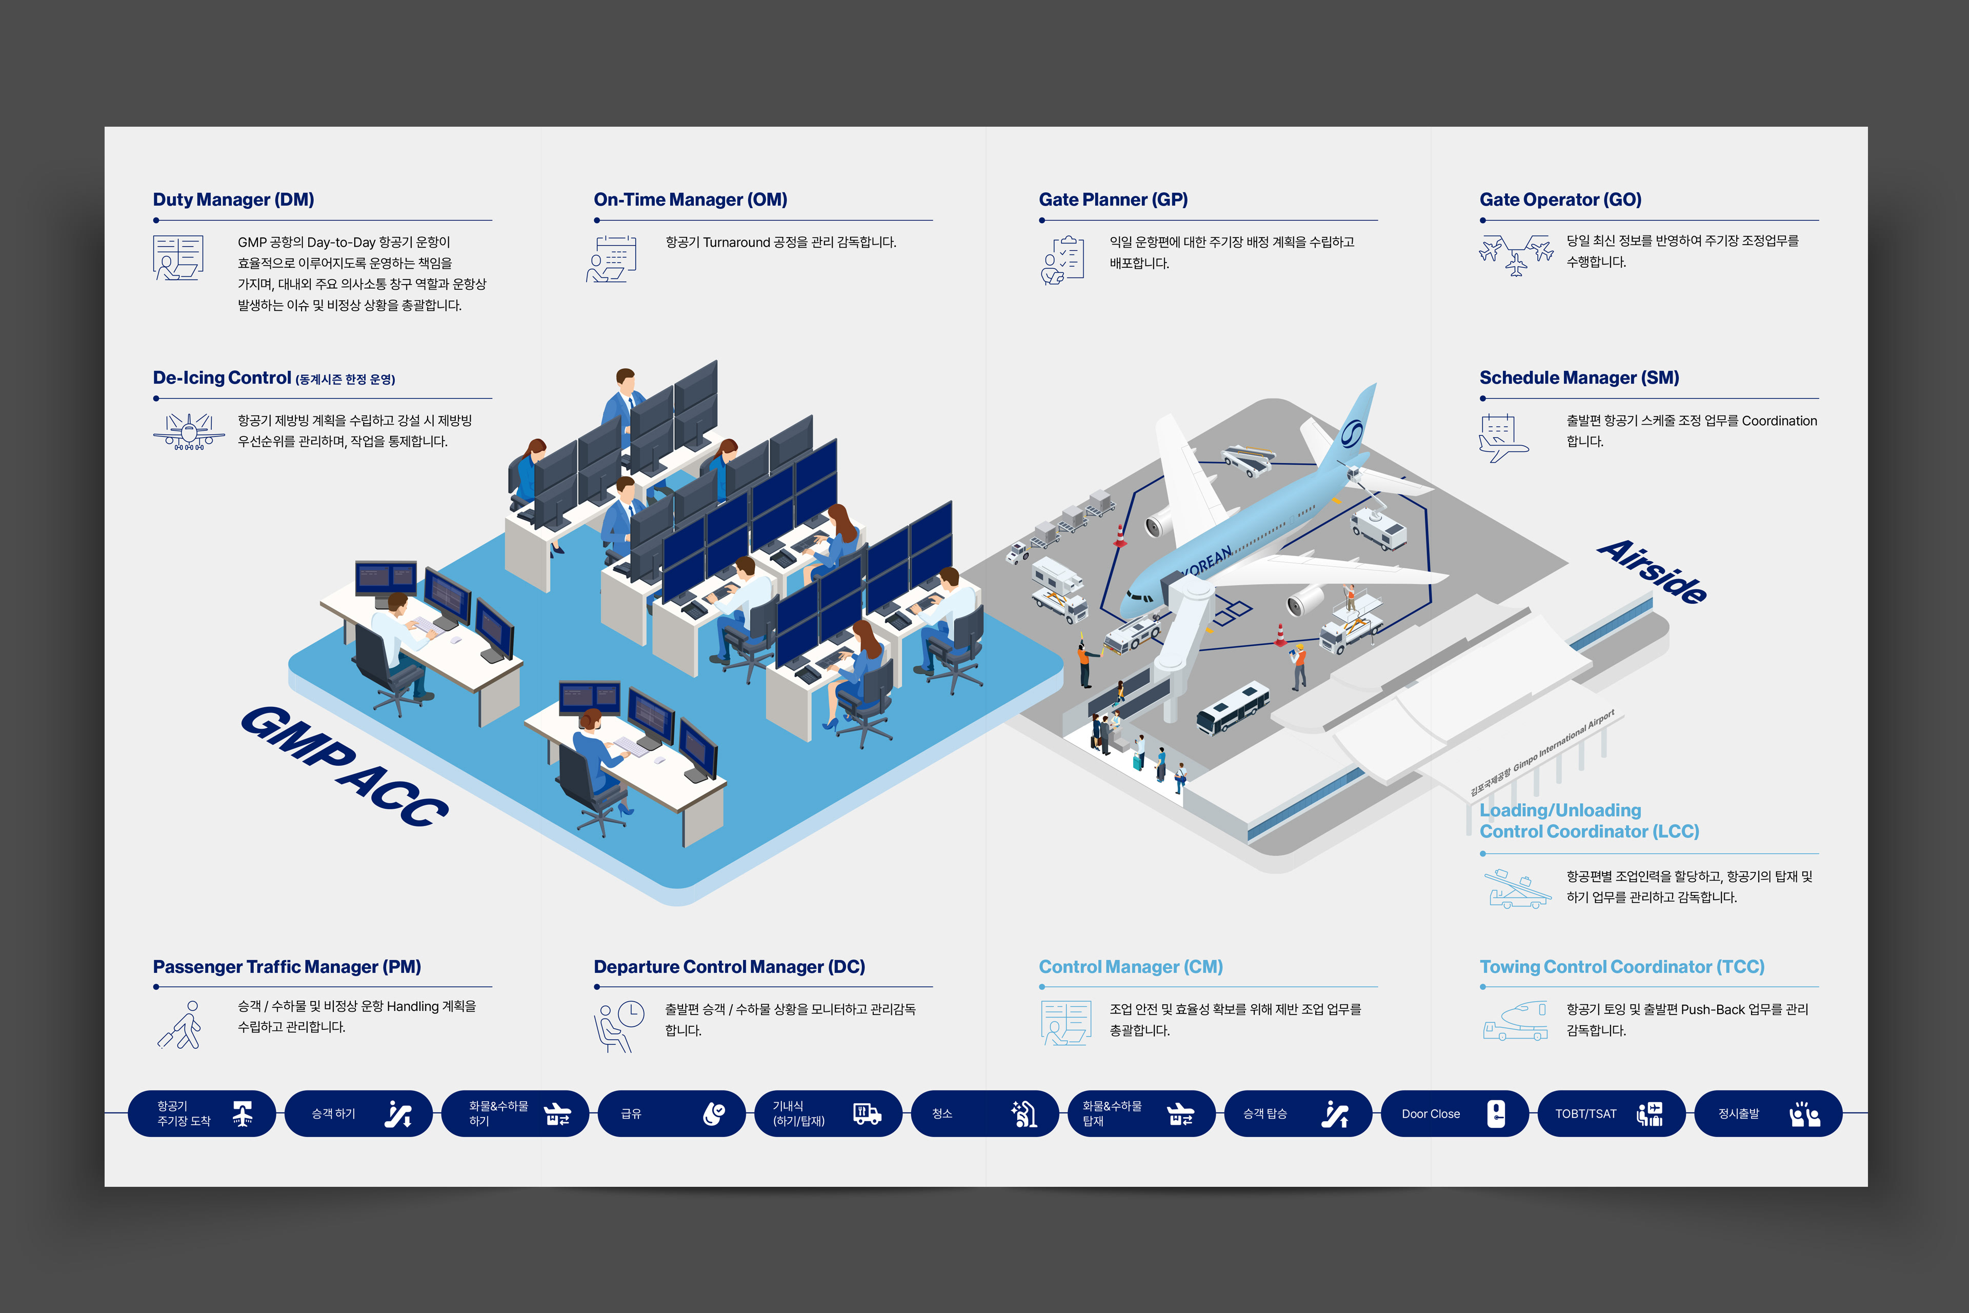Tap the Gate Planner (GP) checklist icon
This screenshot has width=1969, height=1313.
click(x=1063, y=261)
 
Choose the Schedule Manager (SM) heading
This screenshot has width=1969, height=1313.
click(x=1579, y=377)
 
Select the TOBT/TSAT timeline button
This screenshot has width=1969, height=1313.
click(x=1610, y=1113)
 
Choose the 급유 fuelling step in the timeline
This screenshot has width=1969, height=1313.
click(x=671, y=1113)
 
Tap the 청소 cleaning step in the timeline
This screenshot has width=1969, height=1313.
click(x=983, y=1113)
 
